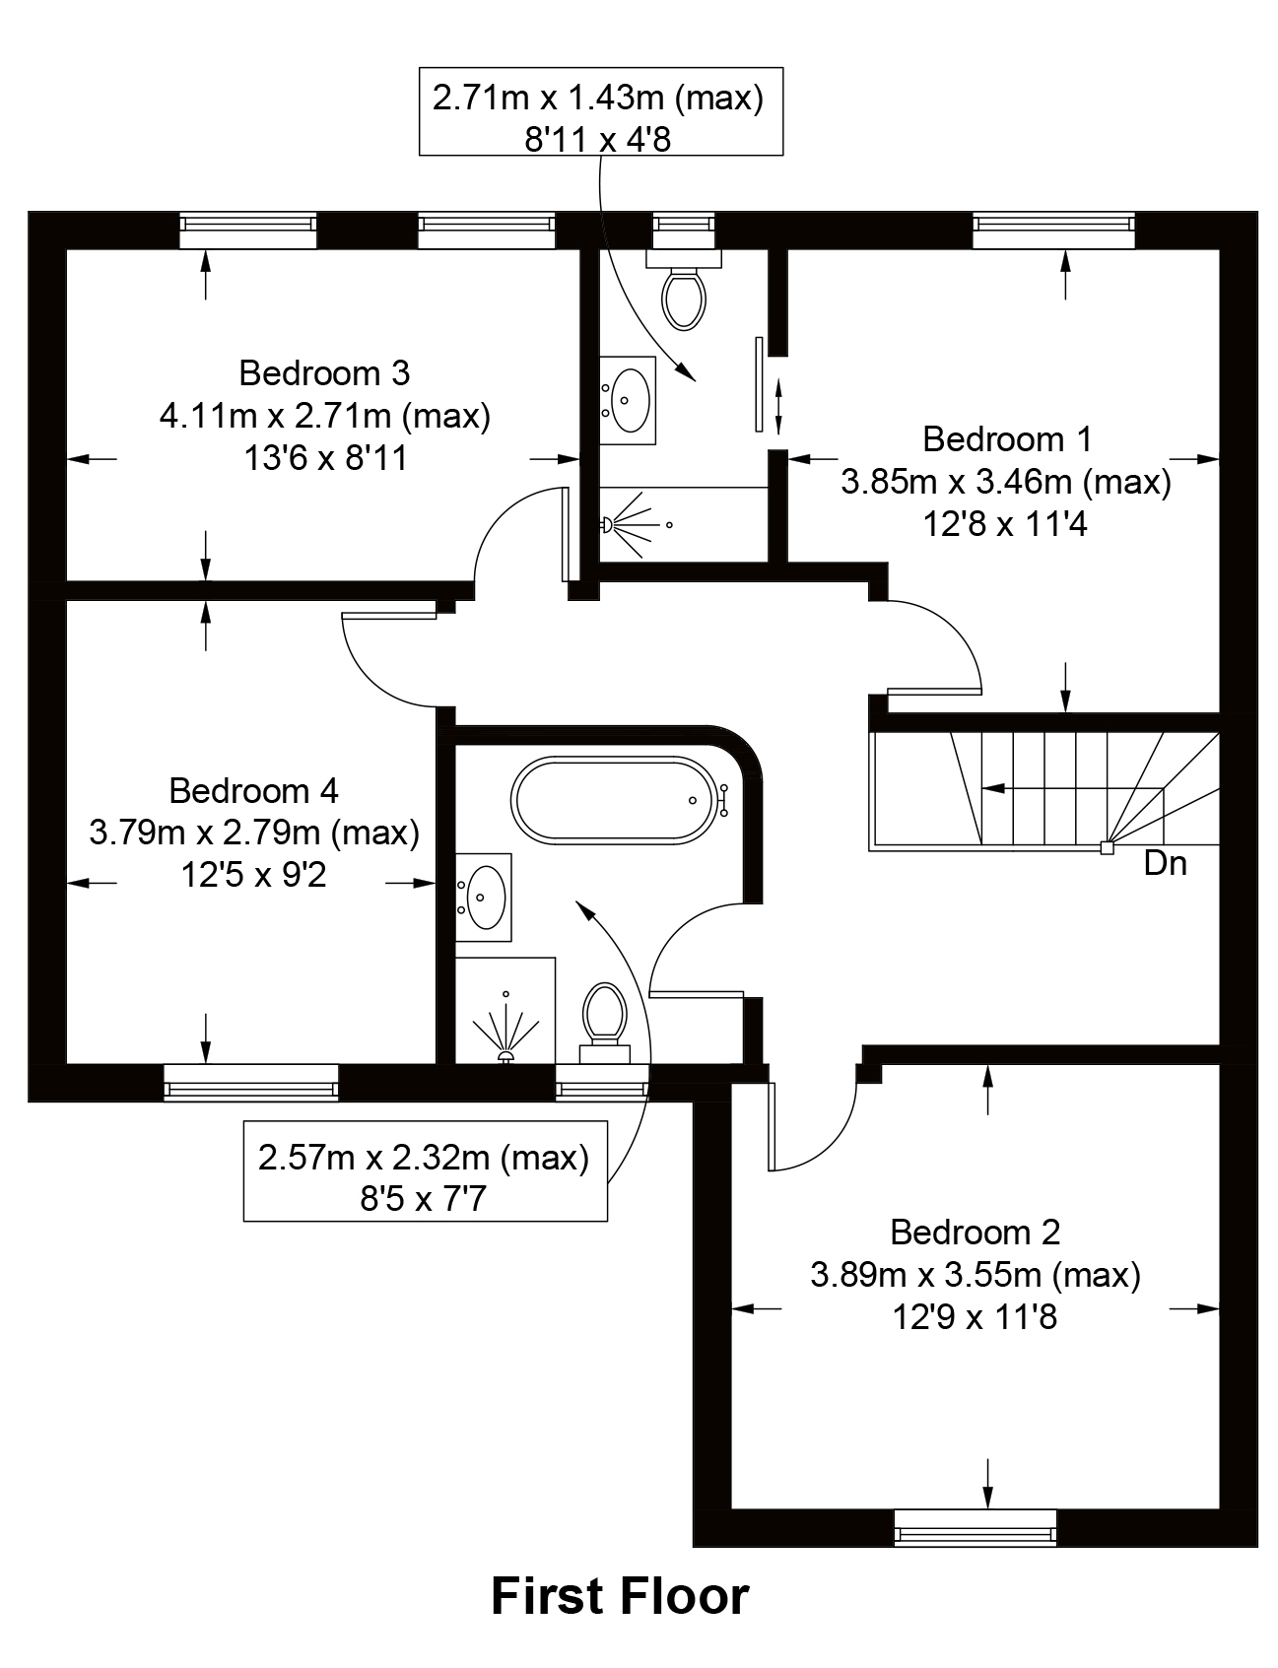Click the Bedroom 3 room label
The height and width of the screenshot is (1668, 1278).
pyautogui.click(x=324, y=373)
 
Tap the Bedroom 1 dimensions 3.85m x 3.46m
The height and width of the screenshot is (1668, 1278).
pyautogui.click(x=1005, y=482)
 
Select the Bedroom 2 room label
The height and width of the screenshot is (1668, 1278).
pyautogui.click(x=975, y=1232)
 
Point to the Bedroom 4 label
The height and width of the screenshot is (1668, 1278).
pyautogui.click(x=253, y=790)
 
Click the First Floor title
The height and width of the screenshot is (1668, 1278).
pyautogui.click(x=620, y=1596)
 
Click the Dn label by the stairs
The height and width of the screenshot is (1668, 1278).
pyautogui.click(x=1165, y=864)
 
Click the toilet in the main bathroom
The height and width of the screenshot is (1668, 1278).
pyautogui.click(x=605, y=1020)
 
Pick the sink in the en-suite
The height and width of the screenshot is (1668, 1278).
pyautogui.click(x=627, y=394)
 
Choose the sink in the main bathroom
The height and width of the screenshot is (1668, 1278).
pyautogui.click(x=484, y=897)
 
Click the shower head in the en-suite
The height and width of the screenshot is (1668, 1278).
pyautogui.click(x=608, y=525)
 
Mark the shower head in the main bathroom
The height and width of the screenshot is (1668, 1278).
pyautogui.click(x=506, y=1056)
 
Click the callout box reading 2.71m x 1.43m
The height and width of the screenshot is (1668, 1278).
pyautogui.click(x=600, y=111)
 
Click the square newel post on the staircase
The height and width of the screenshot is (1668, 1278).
pyautogui.click(x=1107, y=846)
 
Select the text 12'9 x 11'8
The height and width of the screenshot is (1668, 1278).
pyautogui.click(x=975, y=1317)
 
